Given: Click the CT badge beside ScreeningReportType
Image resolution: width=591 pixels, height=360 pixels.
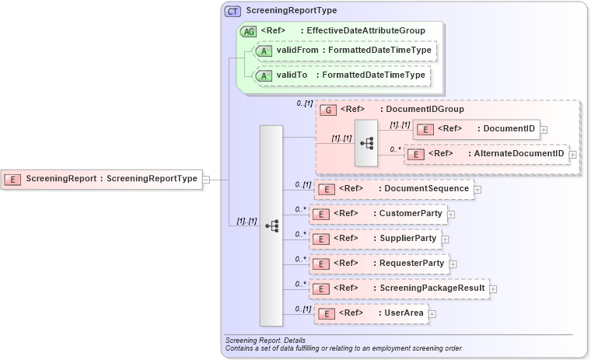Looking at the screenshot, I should point(233,12).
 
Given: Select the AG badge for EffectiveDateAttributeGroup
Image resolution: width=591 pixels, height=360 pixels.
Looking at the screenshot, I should point(249,31).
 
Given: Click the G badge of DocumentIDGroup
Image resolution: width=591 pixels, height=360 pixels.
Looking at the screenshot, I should point(329,110).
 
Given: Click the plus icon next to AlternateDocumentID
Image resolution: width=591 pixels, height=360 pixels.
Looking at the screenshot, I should point(573,155).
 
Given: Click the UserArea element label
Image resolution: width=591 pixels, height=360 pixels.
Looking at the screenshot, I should point(404,313).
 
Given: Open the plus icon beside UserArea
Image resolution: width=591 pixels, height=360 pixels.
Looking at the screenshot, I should point(432,314).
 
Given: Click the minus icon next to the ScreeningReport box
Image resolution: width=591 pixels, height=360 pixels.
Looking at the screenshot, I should point(206,180).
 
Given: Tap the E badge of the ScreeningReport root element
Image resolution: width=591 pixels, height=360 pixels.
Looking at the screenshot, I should point(13,180).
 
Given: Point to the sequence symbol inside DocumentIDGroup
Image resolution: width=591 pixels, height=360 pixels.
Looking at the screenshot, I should point(366,143).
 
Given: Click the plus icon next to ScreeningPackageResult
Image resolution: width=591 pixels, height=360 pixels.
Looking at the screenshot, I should point(493,289).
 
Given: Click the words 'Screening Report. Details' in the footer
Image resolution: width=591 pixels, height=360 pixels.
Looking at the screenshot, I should point(264,341).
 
